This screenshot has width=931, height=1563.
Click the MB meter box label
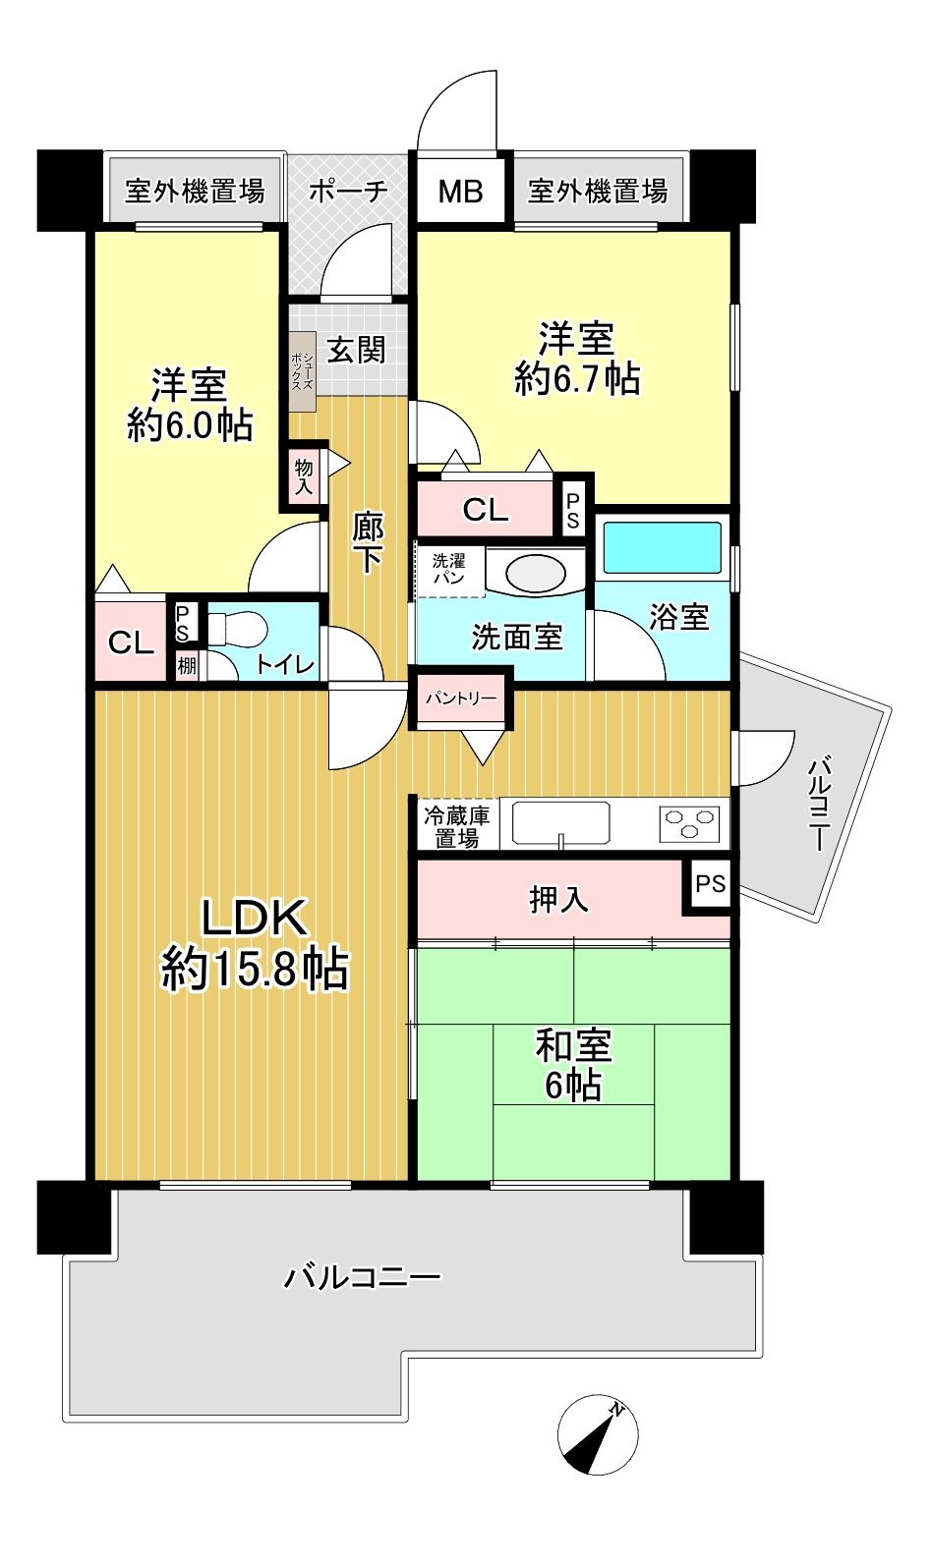pyautogui.click(x=460, y=191)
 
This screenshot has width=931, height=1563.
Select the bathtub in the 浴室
pyautogui.click(x=662, y=548)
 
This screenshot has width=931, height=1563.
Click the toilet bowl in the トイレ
pyautogui.click(x=238, y=630)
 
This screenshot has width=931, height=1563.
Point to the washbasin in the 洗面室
pyautogui.click(x=536, y=575)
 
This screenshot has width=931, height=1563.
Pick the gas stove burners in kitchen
pyautogui.click(x=689, y=823)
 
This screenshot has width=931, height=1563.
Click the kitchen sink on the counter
pyautogui.click(x=560, y=823)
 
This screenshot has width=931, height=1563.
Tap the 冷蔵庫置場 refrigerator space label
pyautogui.click(x=457, y=826)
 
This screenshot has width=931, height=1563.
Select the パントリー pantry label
pyautogui.click(x=461, y=698)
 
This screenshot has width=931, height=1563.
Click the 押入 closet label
pyautogui.click(x=558, y=899)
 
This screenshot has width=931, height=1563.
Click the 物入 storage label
pyautogui.click(x=304, y=475)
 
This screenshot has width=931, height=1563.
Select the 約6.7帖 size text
pyautogui.click(x=577, y=379)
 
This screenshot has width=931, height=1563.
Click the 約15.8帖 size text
pyautogui.click(x=255, y=970)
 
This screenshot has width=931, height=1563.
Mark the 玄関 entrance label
pyautogui.click(x=357, y=350)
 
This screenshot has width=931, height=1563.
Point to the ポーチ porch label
pyautogui.click(x=348, y=191)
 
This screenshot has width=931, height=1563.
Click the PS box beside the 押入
pyautogui.click(x=711, y=883)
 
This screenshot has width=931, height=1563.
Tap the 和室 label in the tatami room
pyautogui.click(x=573, y=1046)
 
